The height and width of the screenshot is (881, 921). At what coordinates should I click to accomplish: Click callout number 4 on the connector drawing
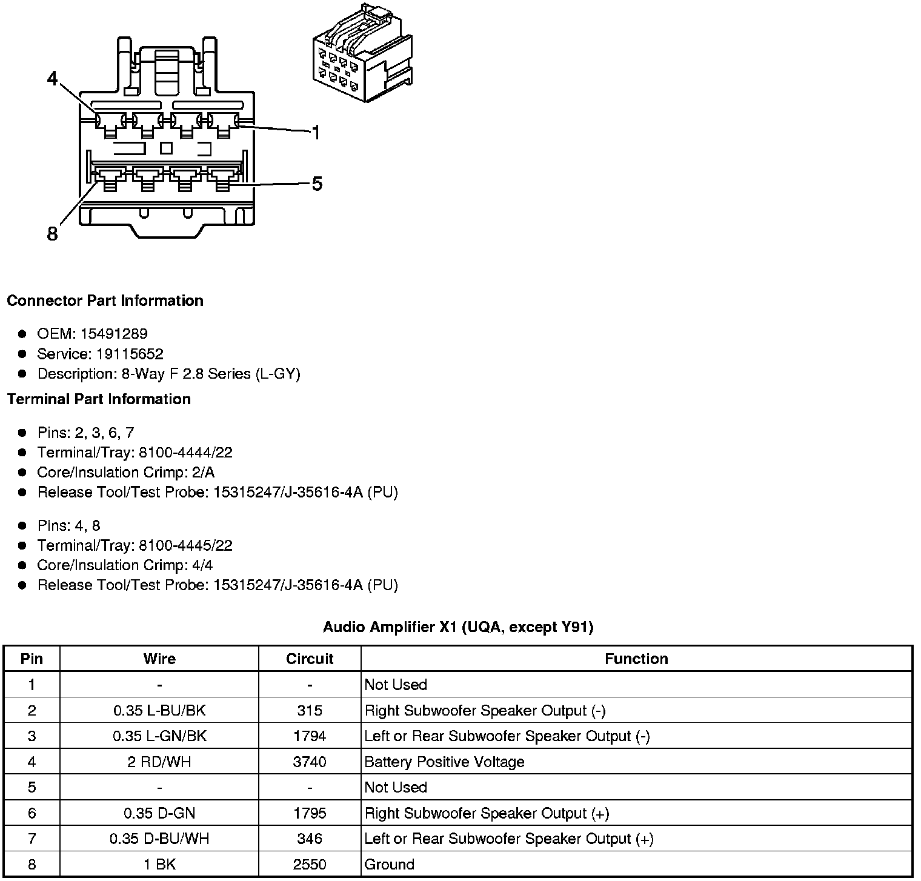coord(52,79)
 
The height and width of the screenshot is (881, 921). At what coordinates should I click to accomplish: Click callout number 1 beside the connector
coord(315,132)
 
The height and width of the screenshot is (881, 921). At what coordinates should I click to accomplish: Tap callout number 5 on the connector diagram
coord(317,183)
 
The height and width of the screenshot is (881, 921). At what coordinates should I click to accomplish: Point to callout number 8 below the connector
coord(52,233)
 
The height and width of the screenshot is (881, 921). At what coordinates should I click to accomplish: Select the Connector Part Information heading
coord(105,301)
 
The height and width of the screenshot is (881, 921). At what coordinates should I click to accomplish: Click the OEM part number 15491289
coord(114,334)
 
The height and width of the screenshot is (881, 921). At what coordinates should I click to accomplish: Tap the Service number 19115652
coord(130,354)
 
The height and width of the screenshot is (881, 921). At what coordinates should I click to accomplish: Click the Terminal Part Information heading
coord(99,399)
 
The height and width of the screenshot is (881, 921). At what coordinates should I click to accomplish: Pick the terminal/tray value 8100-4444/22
coord(185,453)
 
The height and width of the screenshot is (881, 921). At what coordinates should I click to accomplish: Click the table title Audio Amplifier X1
coord(457,627)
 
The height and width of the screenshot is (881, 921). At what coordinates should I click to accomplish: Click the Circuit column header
coord(310,659)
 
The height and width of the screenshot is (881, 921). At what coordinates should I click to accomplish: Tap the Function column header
coord(636,659)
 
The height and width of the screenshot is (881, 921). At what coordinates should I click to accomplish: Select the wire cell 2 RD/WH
coord(159,762)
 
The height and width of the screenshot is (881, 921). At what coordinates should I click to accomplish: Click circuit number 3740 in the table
coord(310,762)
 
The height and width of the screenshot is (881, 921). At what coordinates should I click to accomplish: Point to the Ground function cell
coord(390,864)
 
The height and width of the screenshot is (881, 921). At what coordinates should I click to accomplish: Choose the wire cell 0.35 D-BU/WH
coord(159,839)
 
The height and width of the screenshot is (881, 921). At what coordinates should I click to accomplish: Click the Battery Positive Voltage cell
coord(444,762)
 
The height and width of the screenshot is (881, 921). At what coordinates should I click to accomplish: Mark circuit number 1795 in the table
coord(310,813)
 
